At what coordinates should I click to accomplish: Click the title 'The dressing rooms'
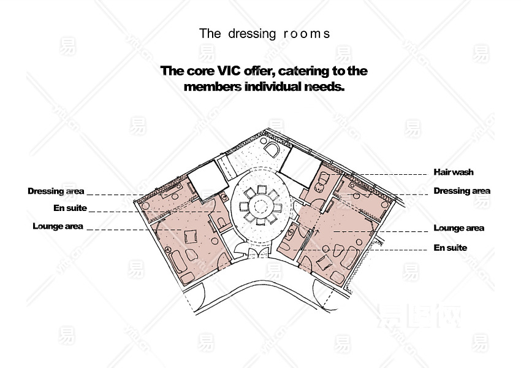[264, 34]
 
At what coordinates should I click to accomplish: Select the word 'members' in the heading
[212, 86]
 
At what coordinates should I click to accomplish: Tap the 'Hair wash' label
[454, 172]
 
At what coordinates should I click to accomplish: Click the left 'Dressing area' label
[56, 191]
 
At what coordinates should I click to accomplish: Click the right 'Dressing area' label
[462, 191]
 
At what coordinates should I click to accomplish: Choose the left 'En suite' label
[70, 208]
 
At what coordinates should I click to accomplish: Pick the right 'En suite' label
[450, 248]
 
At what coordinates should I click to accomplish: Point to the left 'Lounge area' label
[58, 226]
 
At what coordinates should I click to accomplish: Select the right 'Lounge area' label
[458, 228]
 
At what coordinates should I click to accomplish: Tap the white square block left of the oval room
[202, 178]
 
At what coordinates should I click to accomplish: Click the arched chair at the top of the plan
[272, 148]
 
